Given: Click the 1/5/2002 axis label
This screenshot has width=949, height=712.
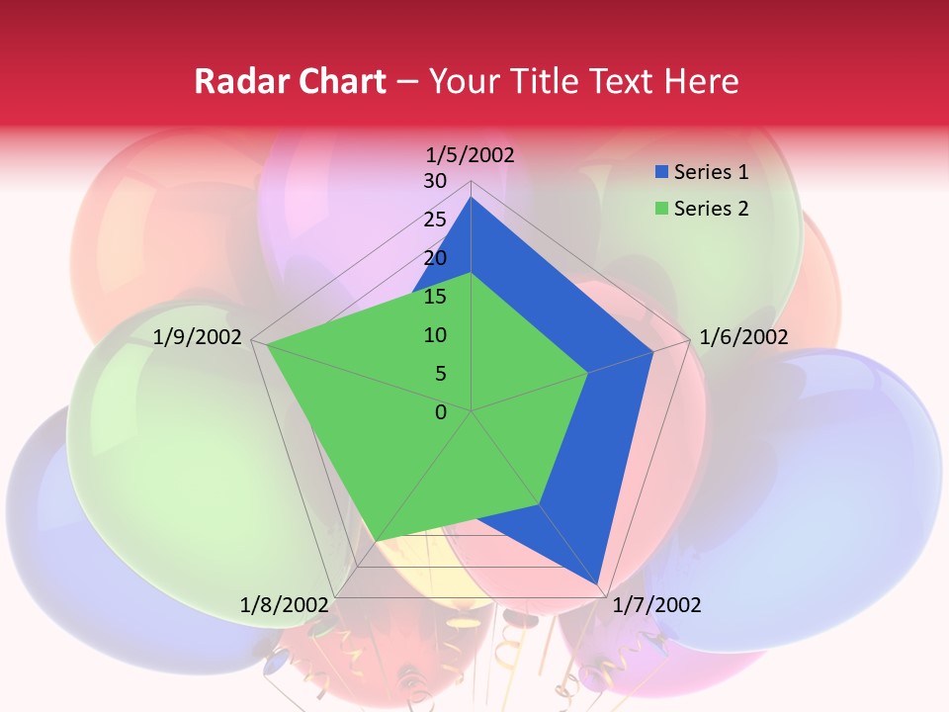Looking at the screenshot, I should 470,155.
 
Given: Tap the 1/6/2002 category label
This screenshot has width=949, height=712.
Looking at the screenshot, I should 743,337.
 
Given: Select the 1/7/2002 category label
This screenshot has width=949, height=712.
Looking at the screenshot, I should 656,605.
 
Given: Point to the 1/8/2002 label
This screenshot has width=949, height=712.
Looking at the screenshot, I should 284,605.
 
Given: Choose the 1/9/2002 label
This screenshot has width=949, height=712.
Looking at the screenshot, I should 198,337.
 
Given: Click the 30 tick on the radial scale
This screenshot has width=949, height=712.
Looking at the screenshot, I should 435,181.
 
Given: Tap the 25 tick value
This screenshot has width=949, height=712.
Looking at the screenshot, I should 435,220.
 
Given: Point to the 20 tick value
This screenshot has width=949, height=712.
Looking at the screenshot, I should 435,258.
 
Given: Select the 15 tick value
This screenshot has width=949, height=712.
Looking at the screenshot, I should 435,297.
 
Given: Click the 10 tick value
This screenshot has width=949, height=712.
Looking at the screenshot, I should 435,335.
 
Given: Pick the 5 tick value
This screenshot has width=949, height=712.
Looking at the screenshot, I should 440,374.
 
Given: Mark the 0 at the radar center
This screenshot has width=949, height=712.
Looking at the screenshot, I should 441,412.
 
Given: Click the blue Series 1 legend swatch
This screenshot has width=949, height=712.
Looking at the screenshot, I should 661,173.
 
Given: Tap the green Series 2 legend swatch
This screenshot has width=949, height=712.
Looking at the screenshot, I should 661,209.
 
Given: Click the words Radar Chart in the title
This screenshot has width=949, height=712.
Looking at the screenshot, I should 290,81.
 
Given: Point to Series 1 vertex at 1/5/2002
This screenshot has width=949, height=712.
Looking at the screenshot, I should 472,198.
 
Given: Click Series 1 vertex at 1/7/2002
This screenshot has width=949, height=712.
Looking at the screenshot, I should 596,583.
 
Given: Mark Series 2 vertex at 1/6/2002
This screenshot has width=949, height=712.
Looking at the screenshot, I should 588,373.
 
